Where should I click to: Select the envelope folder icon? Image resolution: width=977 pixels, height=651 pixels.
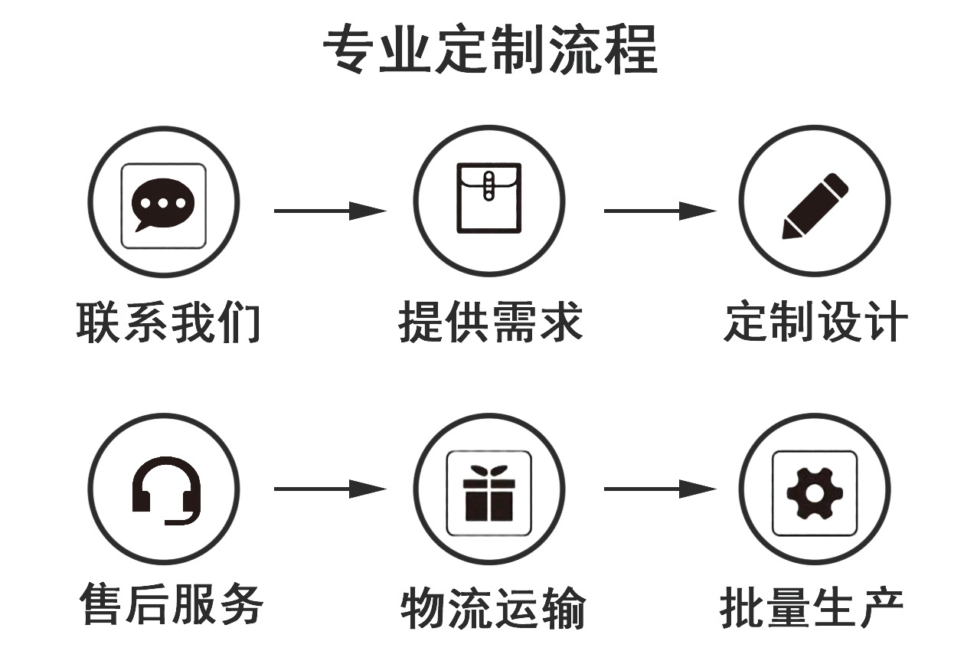coord(488,198)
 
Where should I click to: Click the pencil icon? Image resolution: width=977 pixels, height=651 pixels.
coord(815,204)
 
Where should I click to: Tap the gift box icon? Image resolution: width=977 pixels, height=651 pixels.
coord(488,494)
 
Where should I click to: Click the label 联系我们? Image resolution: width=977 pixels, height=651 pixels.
coord(168,322)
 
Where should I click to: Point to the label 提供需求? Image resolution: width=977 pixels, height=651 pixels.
coord(491,322)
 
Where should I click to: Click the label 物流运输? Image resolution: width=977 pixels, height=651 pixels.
coord(493,608)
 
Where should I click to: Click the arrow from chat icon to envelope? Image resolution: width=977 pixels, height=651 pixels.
coord(329,211)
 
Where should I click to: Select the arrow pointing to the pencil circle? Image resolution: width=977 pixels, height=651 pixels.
coord(659,211)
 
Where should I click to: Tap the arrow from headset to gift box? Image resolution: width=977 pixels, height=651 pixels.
coord(329,489)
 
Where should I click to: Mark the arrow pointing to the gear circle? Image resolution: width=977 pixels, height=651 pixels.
coord(659,489)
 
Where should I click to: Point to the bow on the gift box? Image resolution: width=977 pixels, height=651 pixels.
coord(488,471)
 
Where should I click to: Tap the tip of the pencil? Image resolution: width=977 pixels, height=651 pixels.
coord(787,232)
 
